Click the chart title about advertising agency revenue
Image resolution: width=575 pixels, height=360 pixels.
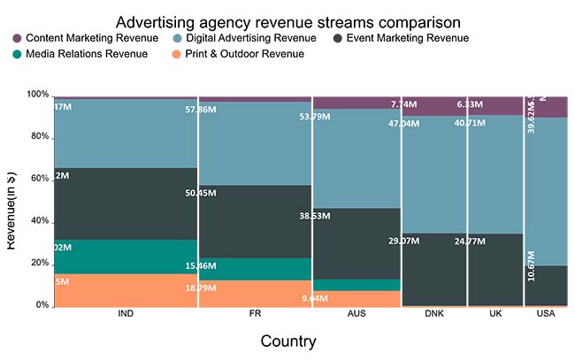click(287, 20)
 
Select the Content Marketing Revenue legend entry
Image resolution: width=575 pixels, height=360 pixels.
click(86, 38)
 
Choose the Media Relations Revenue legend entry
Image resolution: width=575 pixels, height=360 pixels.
click(80, 54)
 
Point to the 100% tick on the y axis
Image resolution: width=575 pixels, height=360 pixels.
click(38, 94)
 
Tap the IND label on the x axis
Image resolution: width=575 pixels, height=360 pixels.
click(126, 315)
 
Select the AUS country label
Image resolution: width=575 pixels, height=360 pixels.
click(356, 315)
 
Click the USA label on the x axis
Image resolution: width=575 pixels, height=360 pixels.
click(546, 315)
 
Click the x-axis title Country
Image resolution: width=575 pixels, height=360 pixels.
click(287, 341)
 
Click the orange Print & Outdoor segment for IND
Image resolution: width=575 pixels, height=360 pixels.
click(126, 290)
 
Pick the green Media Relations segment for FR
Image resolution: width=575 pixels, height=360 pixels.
click(255, 269)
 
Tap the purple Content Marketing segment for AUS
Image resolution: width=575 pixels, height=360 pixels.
click(356, 103)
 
